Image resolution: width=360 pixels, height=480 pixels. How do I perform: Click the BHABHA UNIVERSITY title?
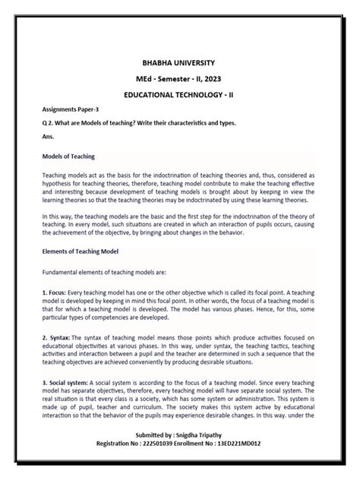pos(180,62)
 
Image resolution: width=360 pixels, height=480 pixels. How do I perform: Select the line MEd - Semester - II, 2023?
pos(180,78)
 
